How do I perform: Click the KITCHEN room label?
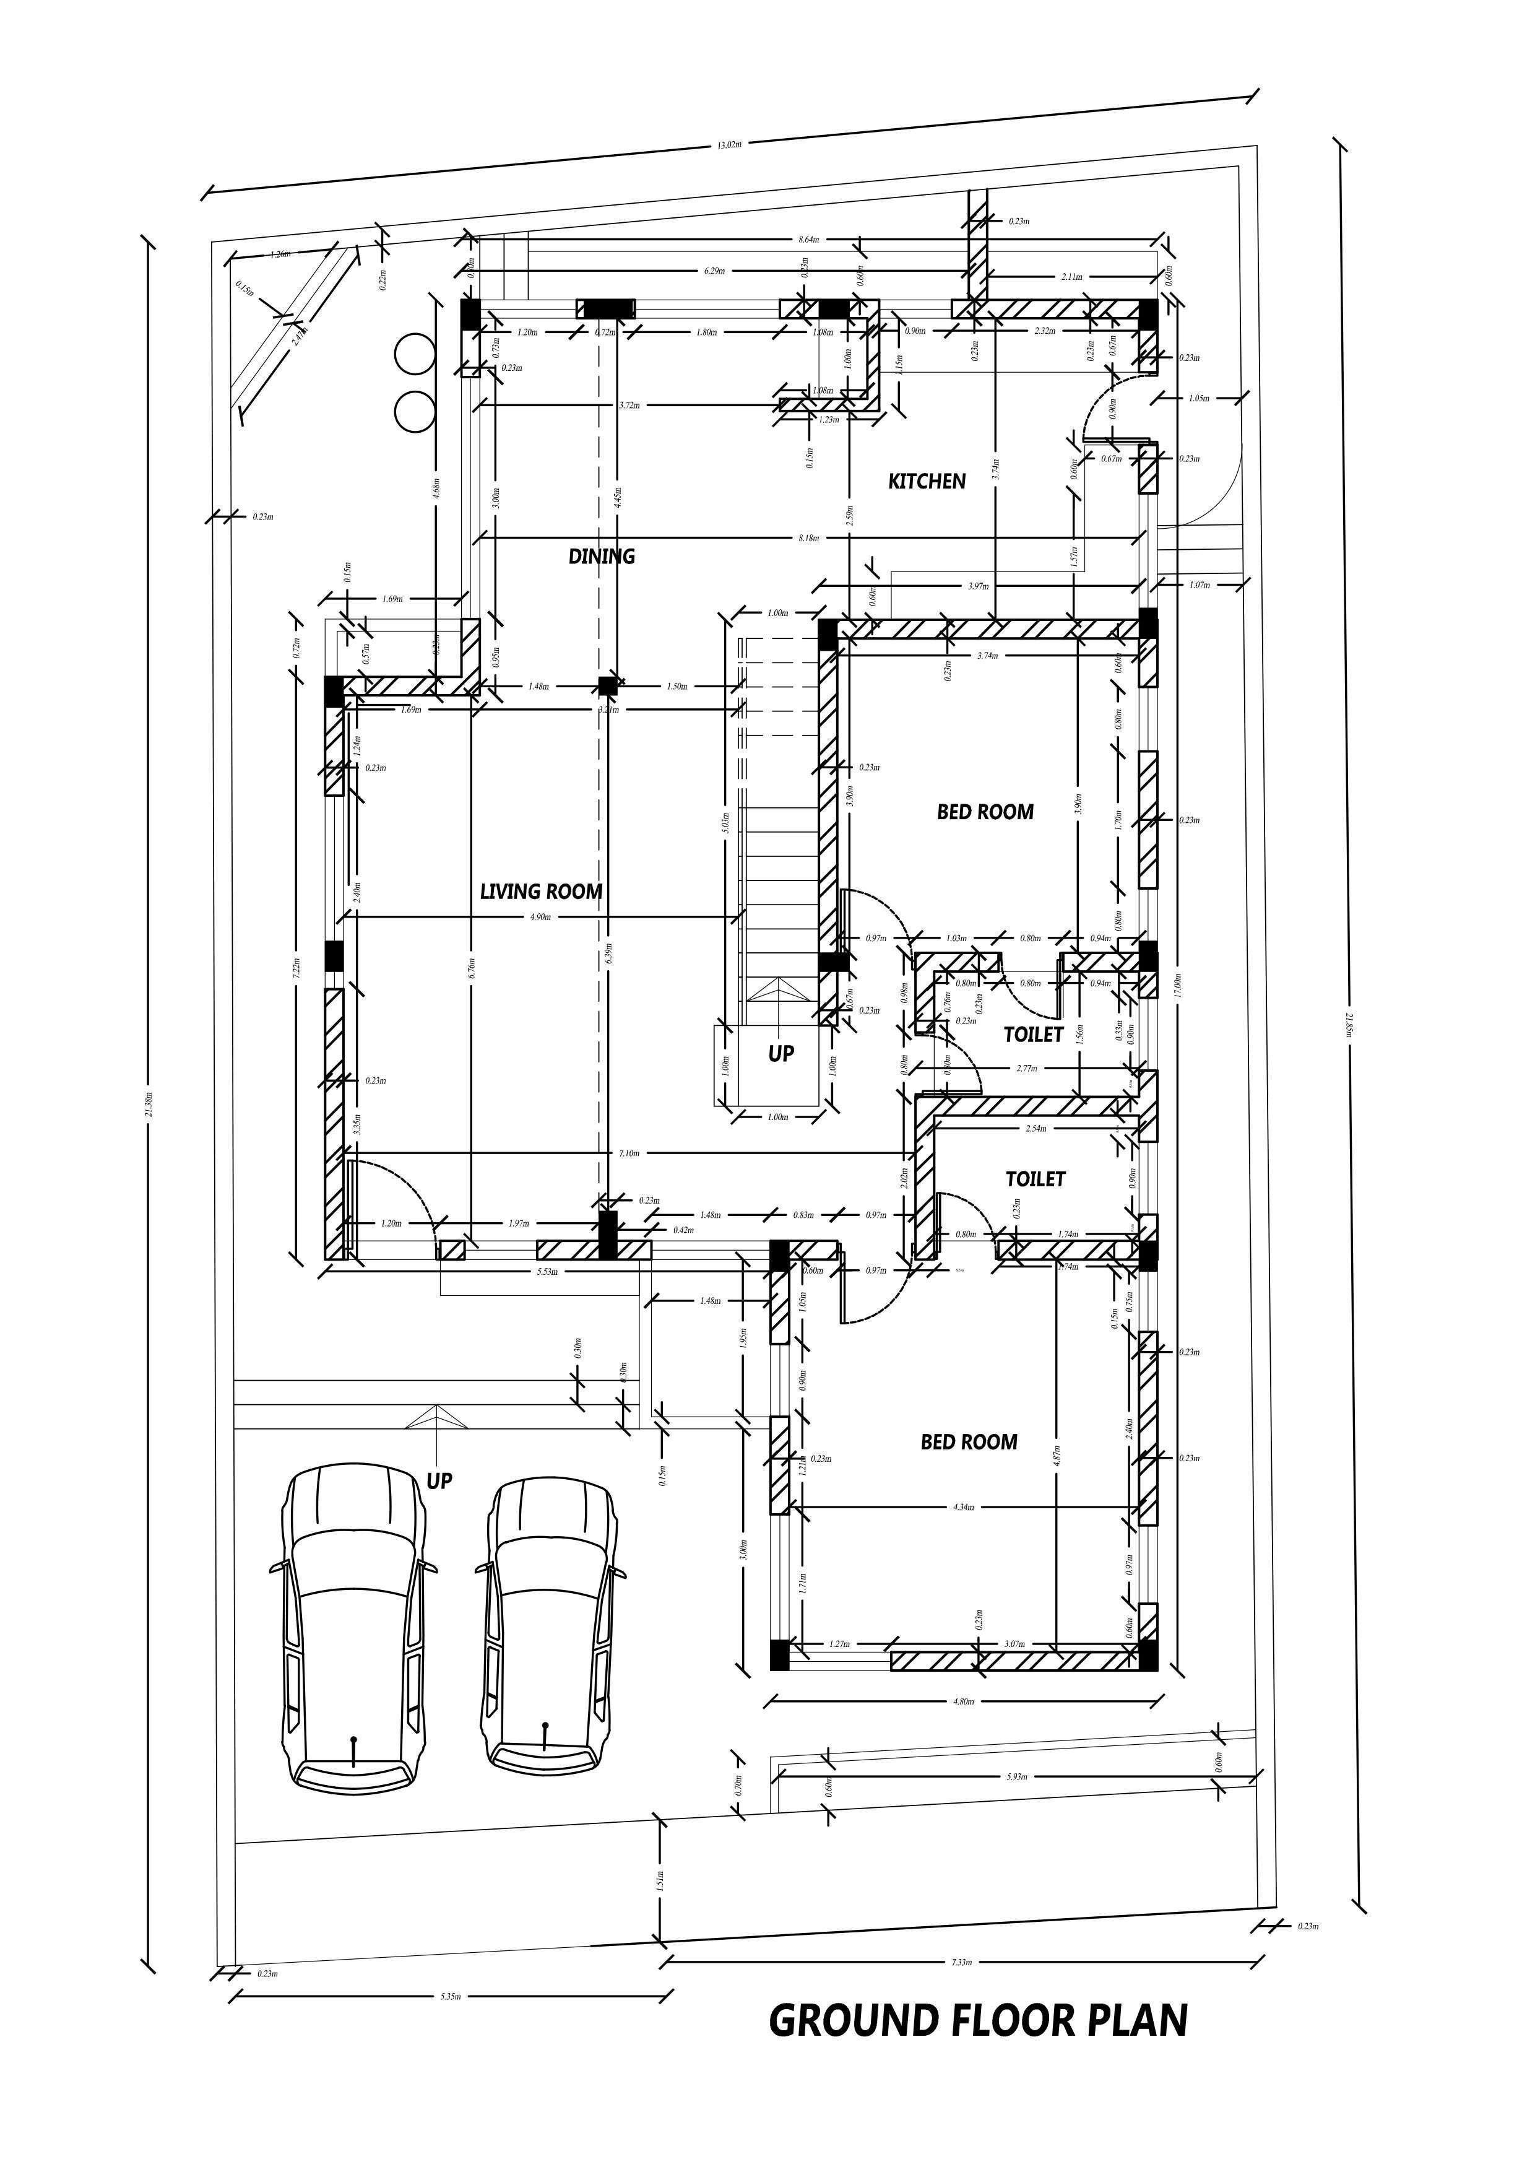pos(926,482)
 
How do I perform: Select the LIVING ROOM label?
pos(541,891)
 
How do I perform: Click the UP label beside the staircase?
pos(780,1054)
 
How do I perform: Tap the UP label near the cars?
pos(439,1480)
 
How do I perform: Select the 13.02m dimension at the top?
pos(729,146)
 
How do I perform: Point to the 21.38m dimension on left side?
pos(149,1102)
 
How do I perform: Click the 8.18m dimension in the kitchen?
pos(808,538)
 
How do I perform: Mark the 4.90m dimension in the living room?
pos(540,917)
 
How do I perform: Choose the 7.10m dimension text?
pos(629,1153)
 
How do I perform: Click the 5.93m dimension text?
pos(1017,1776)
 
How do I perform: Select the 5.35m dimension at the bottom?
pos(450,1996)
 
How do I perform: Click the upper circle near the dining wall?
pos(414,355)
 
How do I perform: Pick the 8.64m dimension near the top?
pos(808,240)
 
